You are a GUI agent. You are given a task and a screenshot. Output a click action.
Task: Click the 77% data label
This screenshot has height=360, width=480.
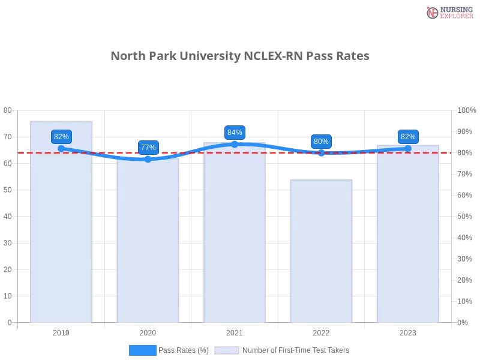[x=148, y=147]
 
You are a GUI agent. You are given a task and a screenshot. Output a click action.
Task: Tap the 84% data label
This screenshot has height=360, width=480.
[x=235, y=133]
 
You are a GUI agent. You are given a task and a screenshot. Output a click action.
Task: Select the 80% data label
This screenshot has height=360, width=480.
[x=321, y=142]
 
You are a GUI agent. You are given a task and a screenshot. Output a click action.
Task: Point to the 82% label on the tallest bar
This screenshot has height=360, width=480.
[x=61, y=137]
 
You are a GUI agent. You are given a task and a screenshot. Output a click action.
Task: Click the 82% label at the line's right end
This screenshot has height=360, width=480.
[x=408, y=137]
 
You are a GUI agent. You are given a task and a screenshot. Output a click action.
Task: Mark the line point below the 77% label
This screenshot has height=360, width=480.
[x=148, y=159]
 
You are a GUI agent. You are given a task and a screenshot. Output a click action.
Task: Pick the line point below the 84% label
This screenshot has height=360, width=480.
[x=235, y=144]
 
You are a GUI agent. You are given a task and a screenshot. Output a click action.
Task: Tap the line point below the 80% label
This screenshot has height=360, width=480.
[x=321, y=152]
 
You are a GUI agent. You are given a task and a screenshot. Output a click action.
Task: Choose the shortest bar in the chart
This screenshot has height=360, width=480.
[x=322, y=252]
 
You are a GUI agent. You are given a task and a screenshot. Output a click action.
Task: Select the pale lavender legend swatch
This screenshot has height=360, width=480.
[x=227, y=350]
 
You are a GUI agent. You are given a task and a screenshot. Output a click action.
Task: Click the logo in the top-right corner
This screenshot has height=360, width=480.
[x=449, y=12]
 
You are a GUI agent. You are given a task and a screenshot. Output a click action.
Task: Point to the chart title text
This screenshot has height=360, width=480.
[x=239, y=56]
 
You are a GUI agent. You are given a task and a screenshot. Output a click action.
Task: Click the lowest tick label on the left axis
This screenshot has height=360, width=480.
[x=8, y=322]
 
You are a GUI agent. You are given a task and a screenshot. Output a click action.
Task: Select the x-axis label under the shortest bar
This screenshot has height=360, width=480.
[x=322, y=331]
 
